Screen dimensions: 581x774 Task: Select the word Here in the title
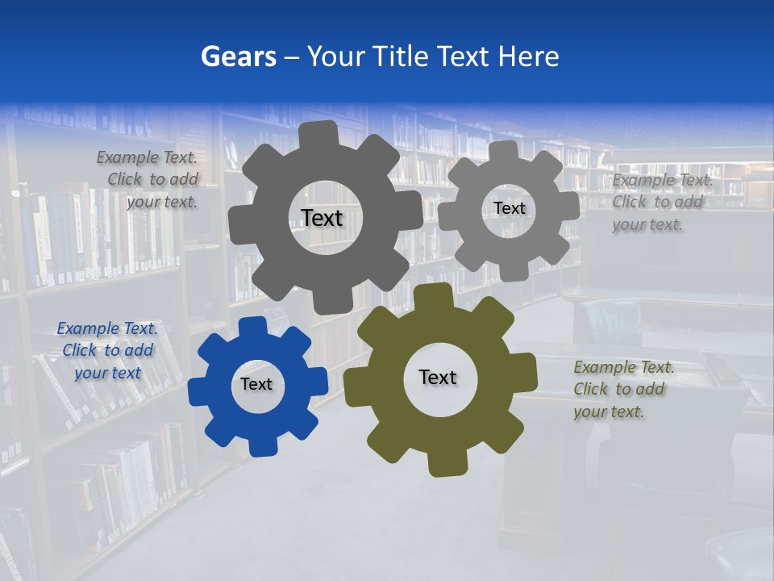[529, 56]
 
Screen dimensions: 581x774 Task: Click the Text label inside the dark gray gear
[322, 218]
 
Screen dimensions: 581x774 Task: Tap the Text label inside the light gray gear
[509, 208]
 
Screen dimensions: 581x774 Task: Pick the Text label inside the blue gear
[256, 384]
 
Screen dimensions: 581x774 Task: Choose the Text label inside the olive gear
[438, 377]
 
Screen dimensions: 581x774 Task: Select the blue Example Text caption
[107, 351]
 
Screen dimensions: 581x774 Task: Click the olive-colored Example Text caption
[623, 390]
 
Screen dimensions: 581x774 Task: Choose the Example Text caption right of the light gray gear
[661, 203]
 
